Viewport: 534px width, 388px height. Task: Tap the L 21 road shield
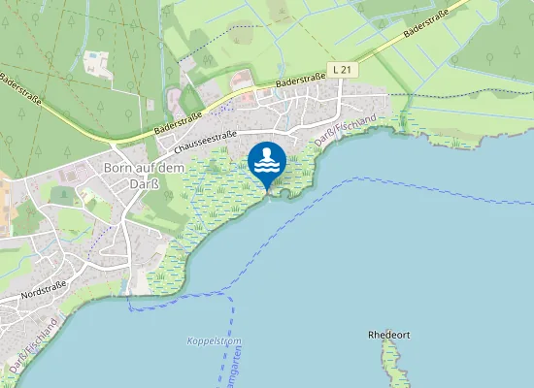(x=341, y=70)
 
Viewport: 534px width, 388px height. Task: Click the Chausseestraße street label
(x=205, y=141)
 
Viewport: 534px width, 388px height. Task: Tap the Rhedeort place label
(x=389, y=335)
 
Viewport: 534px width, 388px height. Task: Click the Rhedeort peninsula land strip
(x=390, y=364)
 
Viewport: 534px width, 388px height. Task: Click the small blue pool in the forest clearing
(x=93, y=55)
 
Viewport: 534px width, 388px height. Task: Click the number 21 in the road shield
(x=345, y=70)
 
